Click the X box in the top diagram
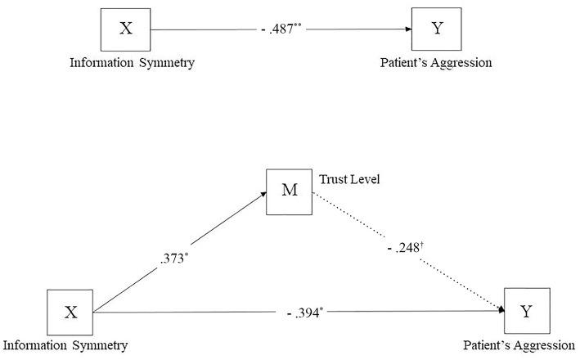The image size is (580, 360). tap(125, 29)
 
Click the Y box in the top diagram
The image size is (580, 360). tap(438, 29)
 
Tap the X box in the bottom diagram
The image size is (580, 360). tap(70, 311)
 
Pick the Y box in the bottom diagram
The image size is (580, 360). tap(525, 311)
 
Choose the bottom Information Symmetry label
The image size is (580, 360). tap(65, 345)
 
